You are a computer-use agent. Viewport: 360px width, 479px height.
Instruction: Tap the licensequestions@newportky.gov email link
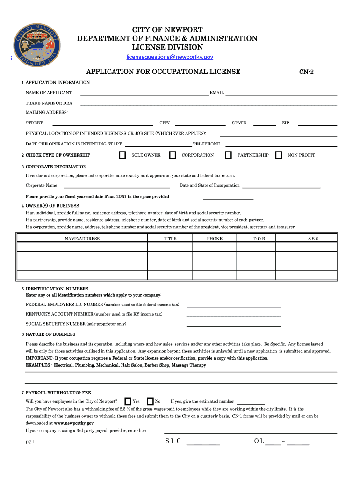170,57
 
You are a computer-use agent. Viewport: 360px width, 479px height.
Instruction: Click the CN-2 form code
306,72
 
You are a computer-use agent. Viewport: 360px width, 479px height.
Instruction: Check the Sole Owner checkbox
122,155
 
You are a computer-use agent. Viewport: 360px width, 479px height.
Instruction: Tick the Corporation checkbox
172,155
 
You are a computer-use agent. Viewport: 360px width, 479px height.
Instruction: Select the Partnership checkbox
228,155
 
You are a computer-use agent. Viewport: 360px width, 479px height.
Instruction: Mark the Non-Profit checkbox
279,155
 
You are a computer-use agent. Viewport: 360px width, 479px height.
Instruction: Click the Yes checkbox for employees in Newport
128,401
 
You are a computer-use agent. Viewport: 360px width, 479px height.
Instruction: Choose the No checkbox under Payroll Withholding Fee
150,401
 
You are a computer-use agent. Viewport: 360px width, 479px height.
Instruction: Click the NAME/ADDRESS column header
82,239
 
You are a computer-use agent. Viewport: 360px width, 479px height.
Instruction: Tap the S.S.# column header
313,239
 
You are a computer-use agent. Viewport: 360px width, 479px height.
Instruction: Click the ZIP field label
285,123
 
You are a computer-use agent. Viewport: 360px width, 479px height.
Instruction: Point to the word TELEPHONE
206,144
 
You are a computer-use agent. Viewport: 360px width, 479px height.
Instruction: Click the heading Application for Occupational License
164,72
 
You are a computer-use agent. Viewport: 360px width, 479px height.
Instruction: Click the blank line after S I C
203,444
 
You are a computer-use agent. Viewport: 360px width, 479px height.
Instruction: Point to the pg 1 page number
30,442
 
